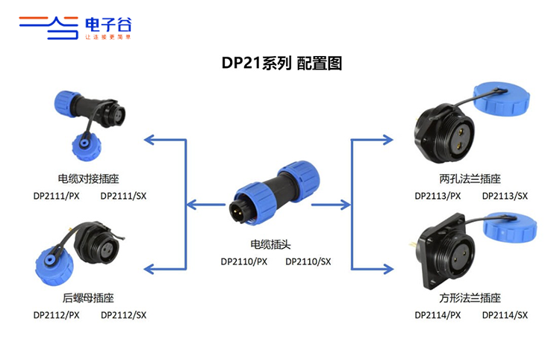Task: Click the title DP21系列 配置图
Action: (x=281, y=63)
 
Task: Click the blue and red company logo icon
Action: (x=49, y=28)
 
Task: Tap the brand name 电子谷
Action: (x=108, y=25)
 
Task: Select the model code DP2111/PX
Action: (x=57, y=196)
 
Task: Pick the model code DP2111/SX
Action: (x=123, y=196)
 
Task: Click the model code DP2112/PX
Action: (x=57, y=315)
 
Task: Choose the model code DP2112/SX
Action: (x=123, y=315)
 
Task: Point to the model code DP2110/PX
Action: (x=244, y=262)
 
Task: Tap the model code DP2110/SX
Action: (x=308, y=262)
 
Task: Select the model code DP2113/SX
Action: (x=505, y=196)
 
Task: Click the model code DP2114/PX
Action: (x=438, y=315)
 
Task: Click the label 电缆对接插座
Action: (x=88, y=179)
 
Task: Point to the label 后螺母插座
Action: (x=88, y=298)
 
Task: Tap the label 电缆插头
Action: (x=270, y=244)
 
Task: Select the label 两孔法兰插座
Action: (x=470, y=179)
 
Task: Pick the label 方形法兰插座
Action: (x=470, y=298)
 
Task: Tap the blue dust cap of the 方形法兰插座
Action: (x=510, y=227)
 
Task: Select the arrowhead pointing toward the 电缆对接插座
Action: (x=149, y=140)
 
